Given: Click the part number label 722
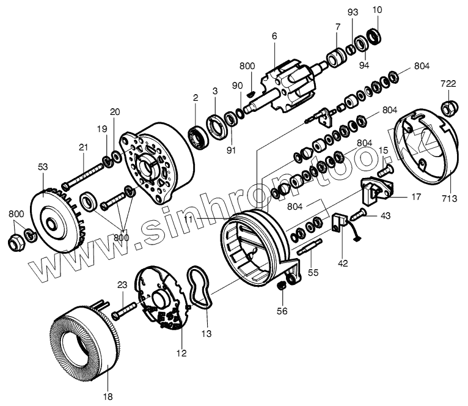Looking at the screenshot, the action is pos(448,83).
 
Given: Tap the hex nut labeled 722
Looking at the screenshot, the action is pos(448,108).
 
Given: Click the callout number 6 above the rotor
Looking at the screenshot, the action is pos(274,37).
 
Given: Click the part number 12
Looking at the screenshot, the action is pos(182,353).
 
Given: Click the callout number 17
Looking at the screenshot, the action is pos(415,197).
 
